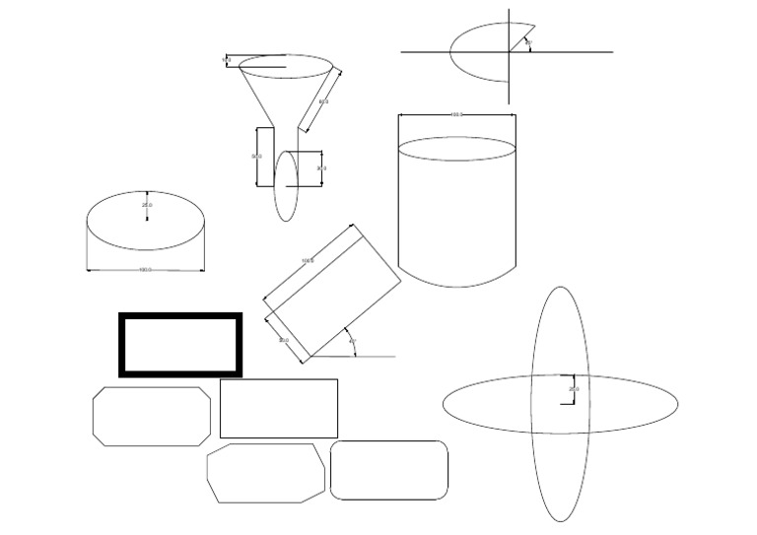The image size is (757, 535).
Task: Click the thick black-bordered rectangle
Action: (180, 316)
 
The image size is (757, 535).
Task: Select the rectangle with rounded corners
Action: (388, 470)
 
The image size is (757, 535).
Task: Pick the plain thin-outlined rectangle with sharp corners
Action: (278, 408)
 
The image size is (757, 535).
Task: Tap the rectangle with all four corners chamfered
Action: (152, 416)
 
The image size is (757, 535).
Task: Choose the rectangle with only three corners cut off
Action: (265, 473)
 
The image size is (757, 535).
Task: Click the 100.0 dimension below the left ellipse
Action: (145, 269)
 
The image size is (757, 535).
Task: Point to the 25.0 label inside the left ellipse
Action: (147, 205)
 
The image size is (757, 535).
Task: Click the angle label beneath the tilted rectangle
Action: (352, 342)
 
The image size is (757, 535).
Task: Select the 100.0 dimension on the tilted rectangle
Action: (307, 260)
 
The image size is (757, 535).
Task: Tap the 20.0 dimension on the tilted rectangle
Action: (284, 341)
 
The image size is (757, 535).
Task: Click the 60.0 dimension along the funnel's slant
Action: (323, 101)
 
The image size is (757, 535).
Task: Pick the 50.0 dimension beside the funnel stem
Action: (257, 157)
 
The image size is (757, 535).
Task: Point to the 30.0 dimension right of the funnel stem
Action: (321, 168)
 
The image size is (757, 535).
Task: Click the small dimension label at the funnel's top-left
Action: (226, 60)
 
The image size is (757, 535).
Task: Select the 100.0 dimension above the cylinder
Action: (456, 115)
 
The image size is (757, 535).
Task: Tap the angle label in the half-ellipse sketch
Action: (528, 43)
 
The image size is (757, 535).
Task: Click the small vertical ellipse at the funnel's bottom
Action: (286, 185)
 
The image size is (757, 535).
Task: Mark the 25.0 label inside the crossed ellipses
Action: (574, 390)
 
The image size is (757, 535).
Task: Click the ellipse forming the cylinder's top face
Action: (456, 148)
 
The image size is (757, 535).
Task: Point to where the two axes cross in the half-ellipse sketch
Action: (509, 51)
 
